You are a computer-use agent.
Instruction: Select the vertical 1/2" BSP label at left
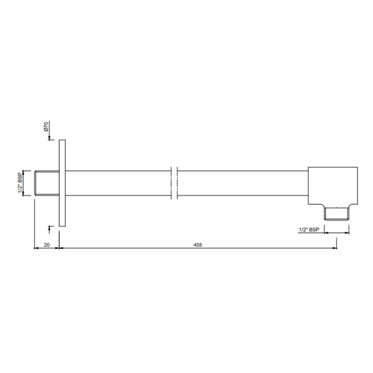[20, 183]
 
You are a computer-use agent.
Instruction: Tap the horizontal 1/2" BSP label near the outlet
[309, 230]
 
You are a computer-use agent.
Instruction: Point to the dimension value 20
[47, 245]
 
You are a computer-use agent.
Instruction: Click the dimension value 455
[198, 245]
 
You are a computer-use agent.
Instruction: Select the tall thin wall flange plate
[62, 183]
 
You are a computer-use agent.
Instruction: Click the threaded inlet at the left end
[47, 183]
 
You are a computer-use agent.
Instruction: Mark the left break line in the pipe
[172, 183]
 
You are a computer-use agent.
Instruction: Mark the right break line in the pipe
[177, 183]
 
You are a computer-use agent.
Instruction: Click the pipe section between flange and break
[117, 183]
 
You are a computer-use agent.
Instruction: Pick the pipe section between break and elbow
[242, 183]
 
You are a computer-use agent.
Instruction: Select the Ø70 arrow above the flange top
[49, 138]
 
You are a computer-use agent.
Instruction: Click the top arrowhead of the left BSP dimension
[23, 172]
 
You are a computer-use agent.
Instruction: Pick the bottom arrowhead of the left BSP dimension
[23, 194]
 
